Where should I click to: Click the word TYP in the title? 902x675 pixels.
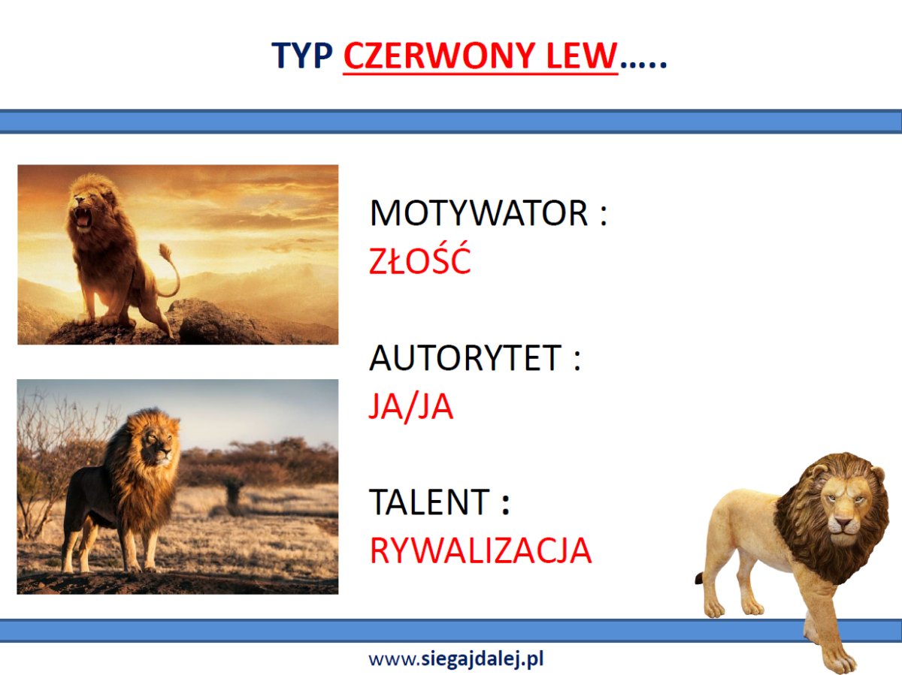pyautogui.click(x=302, y=56)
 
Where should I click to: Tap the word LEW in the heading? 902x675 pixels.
pyautogui.click(x=582, y=56)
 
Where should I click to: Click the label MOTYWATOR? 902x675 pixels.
pyautogui.click(x=479, y=213)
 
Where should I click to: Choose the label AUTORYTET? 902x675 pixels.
pyautogui.click(x=465, y=358)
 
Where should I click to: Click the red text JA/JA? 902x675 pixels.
pyautogui.click(x=411, y=406)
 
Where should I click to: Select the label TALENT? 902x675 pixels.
pyautogui.click(x=429, y=502)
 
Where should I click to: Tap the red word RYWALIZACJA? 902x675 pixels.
pyautogui.click(x=481, y=550)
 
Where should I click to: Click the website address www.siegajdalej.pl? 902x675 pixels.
pyautogui.click(x=456, y=659)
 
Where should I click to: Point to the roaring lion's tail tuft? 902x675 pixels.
pyautogui.click(x=165, y=252)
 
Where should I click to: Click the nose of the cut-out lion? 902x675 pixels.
pyautogui.click(x=843, y=523)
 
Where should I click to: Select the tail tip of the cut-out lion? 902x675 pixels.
pyautogui.click(x=699, y=579)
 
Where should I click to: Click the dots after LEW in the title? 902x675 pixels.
pyautogui.click(x=643, y=65)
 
